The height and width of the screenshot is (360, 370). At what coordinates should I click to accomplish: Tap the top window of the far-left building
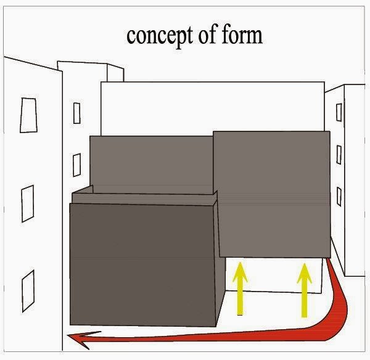(x=27, y=115)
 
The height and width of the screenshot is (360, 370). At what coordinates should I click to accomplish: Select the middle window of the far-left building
(x=28, y=203)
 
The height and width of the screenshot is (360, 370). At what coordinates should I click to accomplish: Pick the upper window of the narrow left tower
(x=76, y=113)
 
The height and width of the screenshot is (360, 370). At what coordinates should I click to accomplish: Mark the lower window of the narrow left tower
(x=76, y=165)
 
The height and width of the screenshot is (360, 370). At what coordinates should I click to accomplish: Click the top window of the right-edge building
(x=339, y=112)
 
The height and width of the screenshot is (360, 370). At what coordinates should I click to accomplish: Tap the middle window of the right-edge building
(x=339, y=154)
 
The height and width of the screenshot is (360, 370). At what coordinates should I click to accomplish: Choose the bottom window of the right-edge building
(x=339, y=196)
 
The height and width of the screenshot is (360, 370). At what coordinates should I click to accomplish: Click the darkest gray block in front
(x=142, y=265)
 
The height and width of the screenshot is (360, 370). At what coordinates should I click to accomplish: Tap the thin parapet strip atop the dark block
(x=145, y=197)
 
